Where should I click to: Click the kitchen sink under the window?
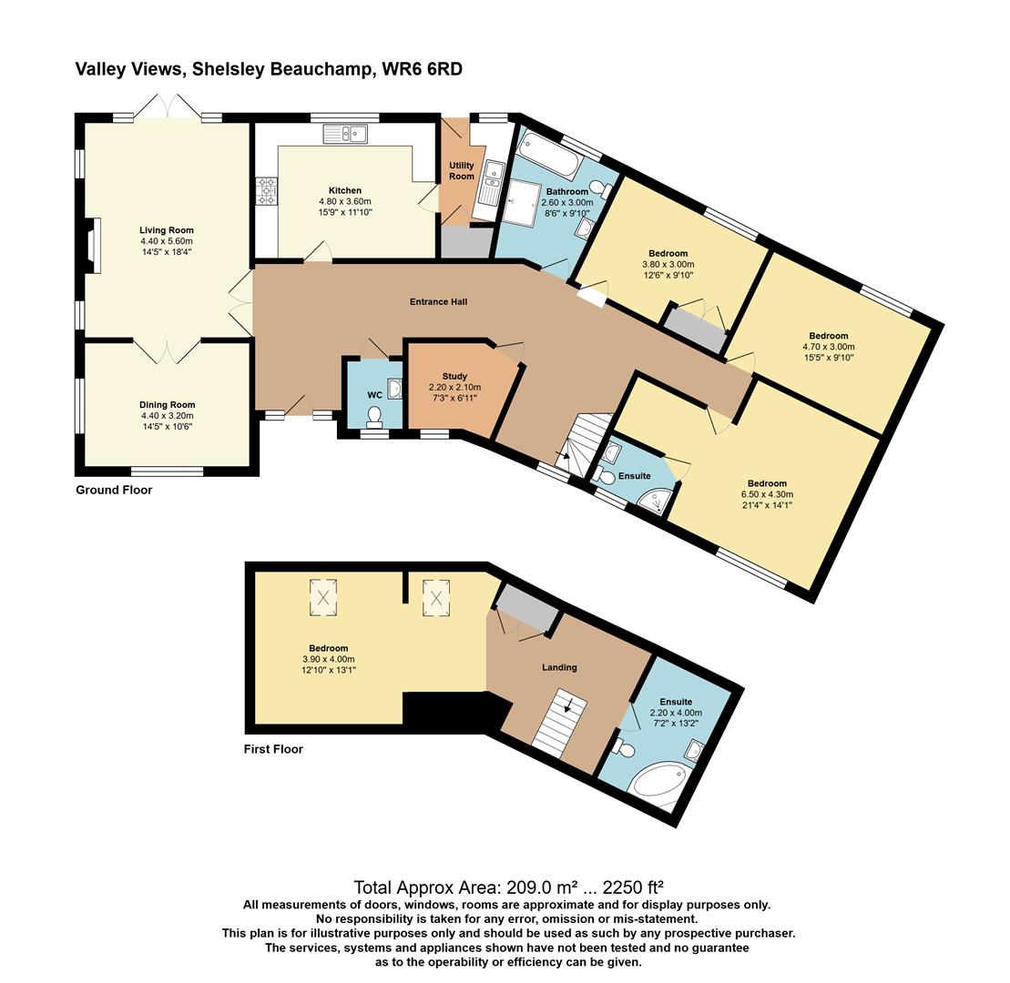(x=344, y=134)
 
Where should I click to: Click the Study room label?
(x=454, y=376)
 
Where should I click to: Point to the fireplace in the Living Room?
(x=91, y=246)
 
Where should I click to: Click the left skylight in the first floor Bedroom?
(x=323, y=598)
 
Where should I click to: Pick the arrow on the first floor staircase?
(x=568, y=705)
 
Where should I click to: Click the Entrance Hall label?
(x=464, y=301)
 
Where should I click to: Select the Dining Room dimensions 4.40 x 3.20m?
(x=167, y=416)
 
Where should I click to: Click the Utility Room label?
(x=462, y=170)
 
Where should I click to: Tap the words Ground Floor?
(x=114, y=490)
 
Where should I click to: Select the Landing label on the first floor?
(x=559, y=667)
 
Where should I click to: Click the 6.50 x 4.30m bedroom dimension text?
(x=767, y=494)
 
